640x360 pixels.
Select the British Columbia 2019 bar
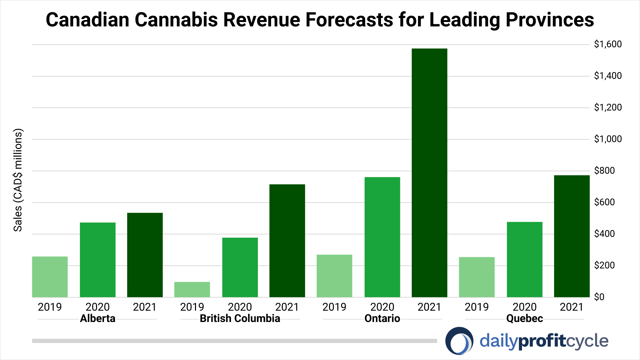click(x=192, y=289)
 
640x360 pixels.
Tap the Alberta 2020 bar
click(x=98, y=260)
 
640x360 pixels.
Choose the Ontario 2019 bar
click(x=334, y=276)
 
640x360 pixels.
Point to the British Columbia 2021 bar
click(x=287, y=241)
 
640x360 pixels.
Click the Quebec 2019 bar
click(x=477, y=277)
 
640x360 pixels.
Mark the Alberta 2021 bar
click(x=145, y=255)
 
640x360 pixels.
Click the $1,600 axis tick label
click(x=608, y=44)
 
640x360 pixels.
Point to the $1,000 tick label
click(x=608, y=139)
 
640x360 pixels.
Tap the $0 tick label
click(x=599, y=297)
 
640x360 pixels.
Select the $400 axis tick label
click(x=604, y=234)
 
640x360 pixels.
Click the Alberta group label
click(x=98, y=318)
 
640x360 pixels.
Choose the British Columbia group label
click(x=240, y=318)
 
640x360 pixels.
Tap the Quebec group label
click(x=524, y=318)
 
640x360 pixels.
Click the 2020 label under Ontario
click(x=382, y=307)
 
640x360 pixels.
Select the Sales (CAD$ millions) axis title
click(x=18, y=180)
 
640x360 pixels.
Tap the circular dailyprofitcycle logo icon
click(x=459, y=341)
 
